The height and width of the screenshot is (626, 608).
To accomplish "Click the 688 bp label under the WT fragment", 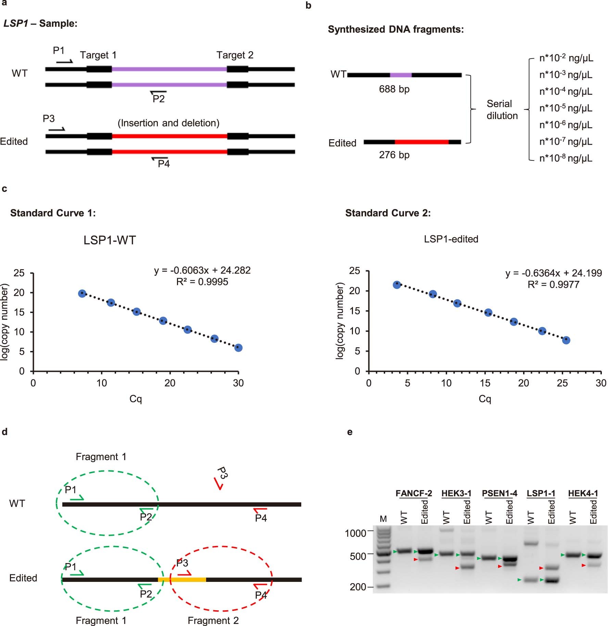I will (x=394, y=89).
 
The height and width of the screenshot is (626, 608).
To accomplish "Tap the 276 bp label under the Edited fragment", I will (x=394, y=155).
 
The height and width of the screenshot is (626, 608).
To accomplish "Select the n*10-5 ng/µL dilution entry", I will (x=566, y=108).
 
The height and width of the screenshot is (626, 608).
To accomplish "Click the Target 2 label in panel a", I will (x=235, y=55).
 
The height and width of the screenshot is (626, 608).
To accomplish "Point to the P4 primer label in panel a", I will (x=164, y=164).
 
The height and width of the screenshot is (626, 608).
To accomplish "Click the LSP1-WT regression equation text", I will (x=202, y=270).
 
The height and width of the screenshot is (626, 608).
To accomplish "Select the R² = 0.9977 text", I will (x=553, y=285).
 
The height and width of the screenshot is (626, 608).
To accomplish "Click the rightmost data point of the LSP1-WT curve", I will (x=238, y=348).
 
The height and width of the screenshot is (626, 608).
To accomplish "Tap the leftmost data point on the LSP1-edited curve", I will (x=397, y=285).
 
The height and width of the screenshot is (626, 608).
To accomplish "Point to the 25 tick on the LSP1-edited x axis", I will (x=562, y=383).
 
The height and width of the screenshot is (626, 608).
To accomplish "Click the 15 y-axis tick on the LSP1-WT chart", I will (x=19, y=312).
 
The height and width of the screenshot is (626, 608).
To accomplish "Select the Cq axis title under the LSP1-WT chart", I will (x=136, y=399).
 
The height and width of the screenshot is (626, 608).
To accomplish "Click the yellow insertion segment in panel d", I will (x=182, y=579).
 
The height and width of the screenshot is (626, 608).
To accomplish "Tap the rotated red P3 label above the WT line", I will (x=222, y=473).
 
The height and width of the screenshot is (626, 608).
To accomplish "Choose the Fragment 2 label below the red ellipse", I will (x=213, y=621).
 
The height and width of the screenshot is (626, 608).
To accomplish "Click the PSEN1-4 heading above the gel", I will (x=499, y=493).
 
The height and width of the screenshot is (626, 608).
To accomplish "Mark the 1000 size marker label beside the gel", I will (x=355, y=533).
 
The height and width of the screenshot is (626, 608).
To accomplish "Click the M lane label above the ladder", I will (x=383, y=519).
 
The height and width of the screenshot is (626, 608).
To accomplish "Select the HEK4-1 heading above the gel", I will (x=583, y=493).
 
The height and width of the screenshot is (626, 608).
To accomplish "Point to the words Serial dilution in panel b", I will (x=502, y=110).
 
